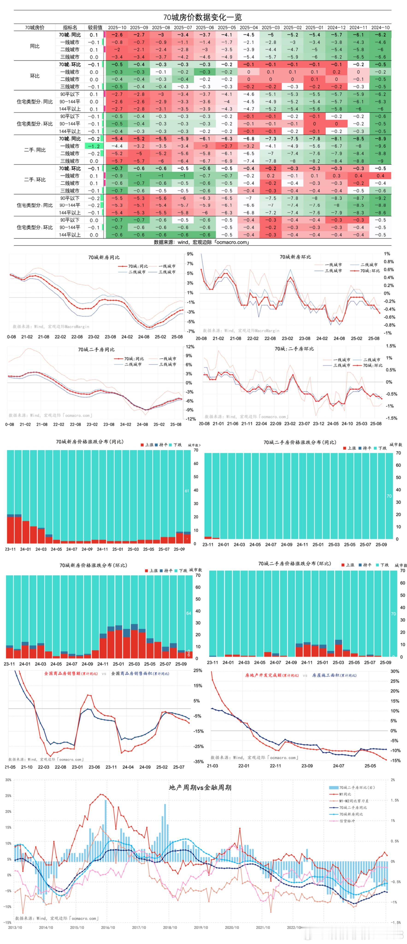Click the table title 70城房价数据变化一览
pyautogui.click(x=203, y=17)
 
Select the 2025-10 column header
pyautogui.click(x=117, y=27)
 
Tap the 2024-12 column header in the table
pyautogui.click(x=336, y=27)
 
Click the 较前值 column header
pyautogui.click(x=95, y=27)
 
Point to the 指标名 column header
pyautogui.click(x=70, y=27)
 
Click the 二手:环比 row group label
pyautogui.click(x=35, y=180)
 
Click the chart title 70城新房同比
pyautogui.click(x=104, y=257)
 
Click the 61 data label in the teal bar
pyautogui.click(x=187, y=491)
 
